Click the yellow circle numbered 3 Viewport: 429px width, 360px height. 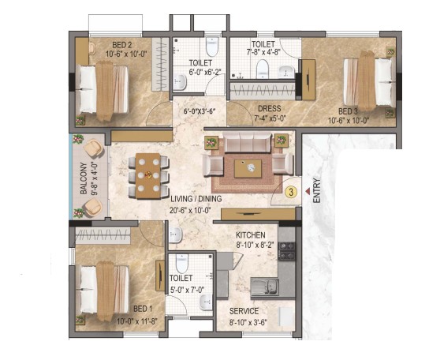(x=291, y=192)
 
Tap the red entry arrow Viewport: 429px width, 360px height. (x=308, y=191)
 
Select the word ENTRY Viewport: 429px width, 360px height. (x=316, y=190)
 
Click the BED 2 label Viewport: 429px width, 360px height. (x=122, y=45)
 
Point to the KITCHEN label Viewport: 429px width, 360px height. (x=251, y=235)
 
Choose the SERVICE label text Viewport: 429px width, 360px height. (x=244, y=311)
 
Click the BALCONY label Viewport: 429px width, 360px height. (x=84, y=178)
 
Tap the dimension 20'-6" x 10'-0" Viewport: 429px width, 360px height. (x=191, y=211)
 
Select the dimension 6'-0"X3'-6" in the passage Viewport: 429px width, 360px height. (x=200, y=111)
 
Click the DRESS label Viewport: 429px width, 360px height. (x=270, y=109)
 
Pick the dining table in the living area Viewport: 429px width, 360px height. (x=148, y=175)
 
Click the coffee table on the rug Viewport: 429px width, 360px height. (x=248, y=168)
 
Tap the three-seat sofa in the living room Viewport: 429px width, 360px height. (x=247, y=142)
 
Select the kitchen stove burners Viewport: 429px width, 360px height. (x=286, y=251)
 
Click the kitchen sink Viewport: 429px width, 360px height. (x=265, y=287)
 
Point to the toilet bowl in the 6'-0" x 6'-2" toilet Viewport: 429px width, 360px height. (x=212, y=47)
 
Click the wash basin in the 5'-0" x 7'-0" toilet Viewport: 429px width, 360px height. (x=206, y=302)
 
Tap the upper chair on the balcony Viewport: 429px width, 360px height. (x=93, y=148)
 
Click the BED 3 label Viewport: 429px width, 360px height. (x=348, y=111)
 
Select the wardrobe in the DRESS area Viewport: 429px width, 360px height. (x=263, y=91)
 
